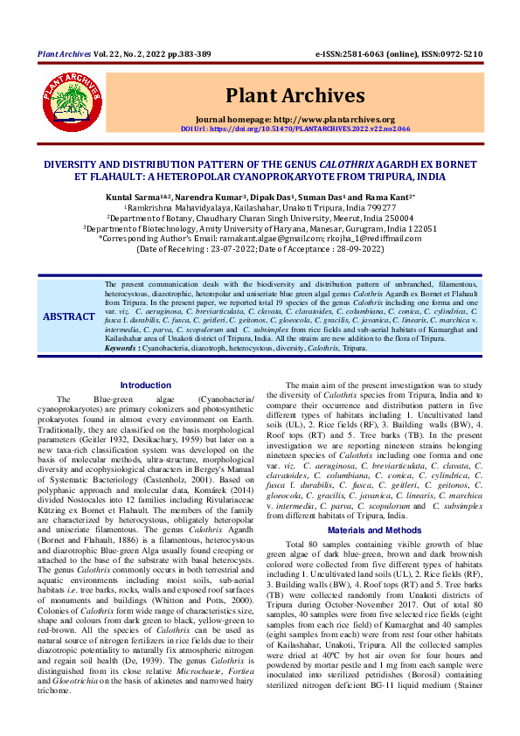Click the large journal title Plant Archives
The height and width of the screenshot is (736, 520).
pyautogui.click(x=295, y=94)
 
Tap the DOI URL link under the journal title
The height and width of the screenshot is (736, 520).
pyautogui.click(x=295, y=128)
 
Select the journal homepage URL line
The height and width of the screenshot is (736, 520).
pyautogui.click(x=295, y=119)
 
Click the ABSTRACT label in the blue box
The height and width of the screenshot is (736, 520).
pyautogui.click(x=69, y=316)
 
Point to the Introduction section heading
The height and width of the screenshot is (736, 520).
pyautogui.click(x=146, y=385)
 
